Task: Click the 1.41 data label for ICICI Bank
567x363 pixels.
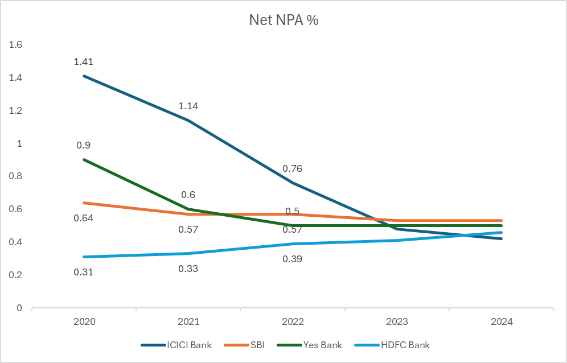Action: click(x=83, y=61)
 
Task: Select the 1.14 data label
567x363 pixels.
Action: click(x=188, y=106)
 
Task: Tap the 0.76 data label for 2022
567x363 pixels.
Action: click(x=292, y=168)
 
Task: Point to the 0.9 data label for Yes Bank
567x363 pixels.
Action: click(x=83, y=145)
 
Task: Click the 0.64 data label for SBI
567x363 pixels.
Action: click(x=83, y=218)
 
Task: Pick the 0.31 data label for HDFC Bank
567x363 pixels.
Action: click(x=83, y=272)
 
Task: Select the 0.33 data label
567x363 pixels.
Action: click(x=188, y=269)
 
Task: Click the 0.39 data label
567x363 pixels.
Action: click(x=292, y=259)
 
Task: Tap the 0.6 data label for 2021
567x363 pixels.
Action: click(x=188, y=195)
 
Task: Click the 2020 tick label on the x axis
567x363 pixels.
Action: click(x=84, y=321)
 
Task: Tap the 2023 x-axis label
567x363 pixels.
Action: click(x=396, y=321)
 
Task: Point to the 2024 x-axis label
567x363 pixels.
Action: click(x=501, y=321)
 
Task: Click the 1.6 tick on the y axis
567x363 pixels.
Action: click(x=15, y=44)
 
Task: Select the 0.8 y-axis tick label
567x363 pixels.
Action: click(x=15, y=176)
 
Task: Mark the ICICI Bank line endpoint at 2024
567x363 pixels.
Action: click(x=501, y=239)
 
